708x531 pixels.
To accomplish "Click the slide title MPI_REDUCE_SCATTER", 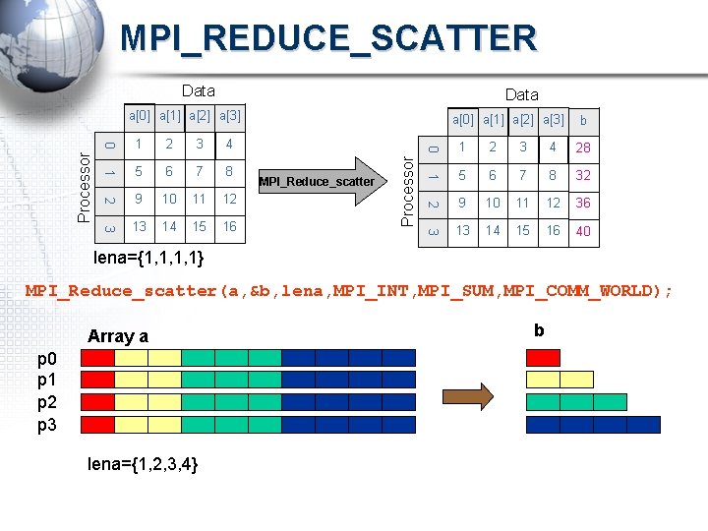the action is [x=328, y=38].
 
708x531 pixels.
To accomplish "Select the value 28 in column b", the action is [x=583, y=148].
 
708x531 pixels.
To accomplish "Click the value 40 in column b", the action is [x=583, y=232].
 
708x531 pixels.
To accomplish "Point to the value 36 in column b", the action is [x=583, y=204].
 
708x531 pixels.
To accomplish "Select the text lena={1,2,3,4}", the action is [x=144, y=463].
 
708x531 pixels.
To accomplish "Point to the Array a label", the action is [x=118, y=336].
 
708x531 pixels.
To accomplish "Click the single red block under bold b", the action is [x=543, y=358].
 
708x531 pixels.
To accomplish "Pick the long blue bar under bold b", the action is [x=593, y=425].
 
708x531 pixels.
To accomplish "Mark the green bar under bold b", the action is [x=576, y=402].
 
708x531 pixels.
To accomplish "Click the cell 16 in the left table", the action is [x=229, y=227].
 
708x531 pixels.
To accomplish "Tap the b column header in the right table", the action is [x=583, y=120].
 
